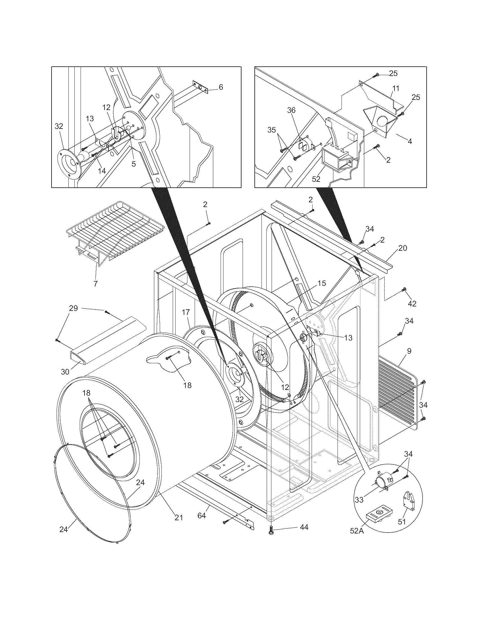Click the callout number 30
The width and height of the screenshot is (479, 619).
coord(65,372)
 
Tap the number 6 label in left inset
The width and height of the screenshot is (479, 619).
coord(221,87)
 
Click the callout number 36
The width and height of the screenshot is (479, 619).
coord(291,110)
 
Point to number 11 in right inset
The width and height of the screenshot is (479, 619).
coord(396,88)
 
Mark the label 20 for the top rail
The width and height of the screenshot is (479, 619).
coord(402,248)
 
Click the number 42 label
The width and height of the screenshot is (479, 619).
coord(412,304)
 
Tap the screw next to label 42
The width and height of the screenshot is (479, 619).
coord(404,289)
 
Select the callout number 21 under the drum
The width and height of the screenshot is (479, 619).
coord(178,517)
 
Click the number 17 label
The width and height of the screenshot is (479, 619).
coord(186,313)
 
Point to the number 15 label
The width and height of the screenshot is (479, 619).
coord(322,283)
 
